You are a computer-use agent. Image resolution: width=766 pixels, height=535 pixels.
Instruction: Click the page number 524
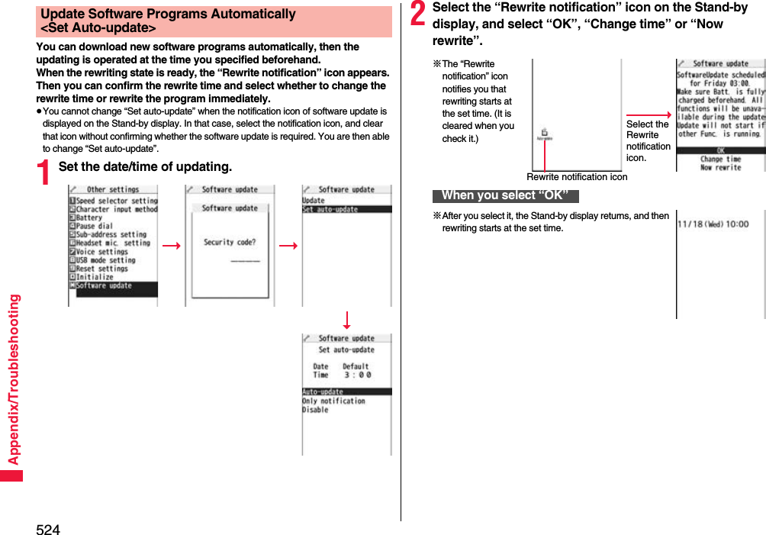[x=47, y=529]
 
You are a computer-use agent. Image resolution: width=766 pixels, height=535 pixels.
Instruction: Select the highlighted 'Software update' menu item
[x=104, y=286]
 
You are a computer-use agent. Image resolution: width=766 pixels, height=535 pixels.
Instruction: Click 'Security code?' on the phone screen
[x=230, y=243]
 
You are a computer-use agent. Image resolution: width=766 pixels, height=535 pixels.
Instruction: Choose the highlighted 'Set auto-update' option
[x=330, y=209]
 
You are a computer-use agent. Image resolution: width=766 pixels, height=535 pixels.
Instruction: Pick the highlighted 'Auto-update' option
[x=323, y=392]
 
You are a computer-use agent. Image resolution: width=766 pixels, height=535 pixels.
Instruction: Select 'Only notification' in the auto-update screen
[x=333, y=401]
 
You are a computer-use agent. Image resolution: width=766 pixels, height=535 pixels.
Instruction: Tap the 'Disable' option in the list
[x=315, y=410]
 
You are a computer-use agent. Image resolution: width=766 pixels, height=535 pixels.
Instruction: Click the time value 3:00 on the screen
[x=357, y=375]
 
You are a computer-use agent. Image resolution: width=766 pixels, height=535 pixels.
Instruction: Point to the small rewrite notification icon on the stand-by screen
[x=545, y=134]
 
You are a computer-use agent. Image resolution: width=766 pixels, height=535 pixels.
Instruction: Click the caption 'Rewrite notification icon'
[x=577, y=177]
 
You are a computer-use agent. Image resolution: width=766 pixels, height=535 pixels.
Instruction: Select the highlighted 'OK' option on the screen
[x=720, y=150]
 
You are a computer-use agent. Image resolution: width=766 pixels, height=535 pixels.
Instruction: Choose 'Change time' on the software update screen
[x=720, y=160]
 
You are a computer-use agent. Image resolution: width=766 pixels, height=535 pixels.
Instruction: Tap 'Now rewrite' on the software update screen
[x=720, y=168]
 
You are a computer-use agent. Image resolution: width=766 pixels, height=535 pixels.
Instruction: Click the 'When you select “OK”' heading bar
[x=505, y=195]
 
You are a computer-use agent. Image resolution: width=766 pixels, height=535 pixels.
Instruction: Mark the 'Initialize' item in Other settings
[x=95, y=277]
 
